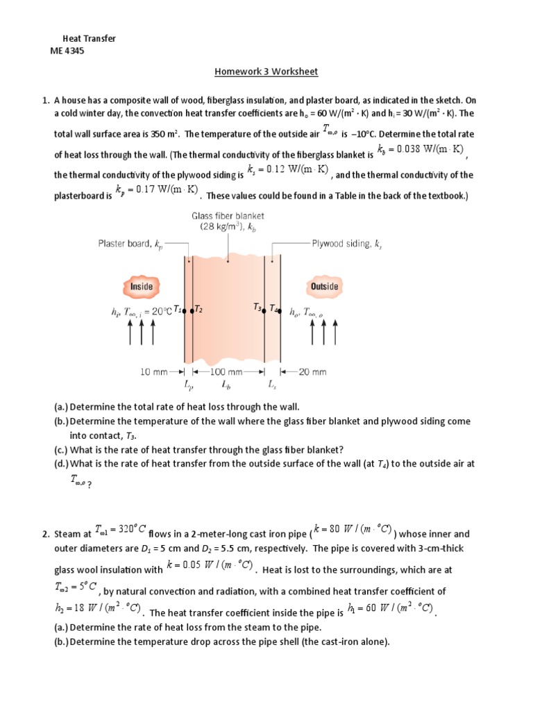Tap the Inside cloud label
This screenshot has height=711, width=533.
pos(142,286)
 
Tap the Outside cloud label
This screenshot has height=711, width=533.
pos(323,286)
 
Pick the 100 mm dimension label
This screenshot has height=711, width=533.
pos(226,371)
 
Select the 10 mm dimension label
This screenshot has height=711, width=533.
pos(154,371)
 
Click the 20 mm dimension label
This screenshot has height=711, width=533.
pos(312,371)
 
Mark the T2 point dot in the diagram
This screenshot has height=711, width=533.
pos(192,312)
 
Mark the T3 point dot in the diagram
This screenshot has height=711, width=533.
pos(266,312)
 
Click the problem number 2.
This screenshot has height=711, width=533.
pos(45,534)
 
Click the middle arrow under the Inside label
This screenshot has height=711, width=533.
pos(142,333)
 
